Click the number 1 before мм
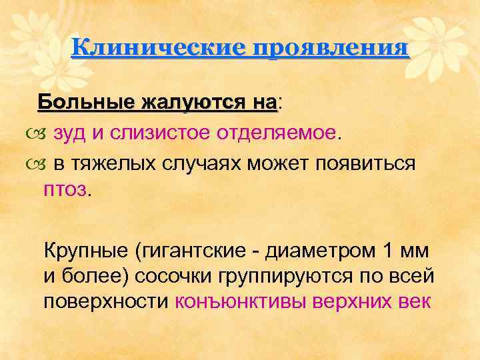point(389,251)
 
